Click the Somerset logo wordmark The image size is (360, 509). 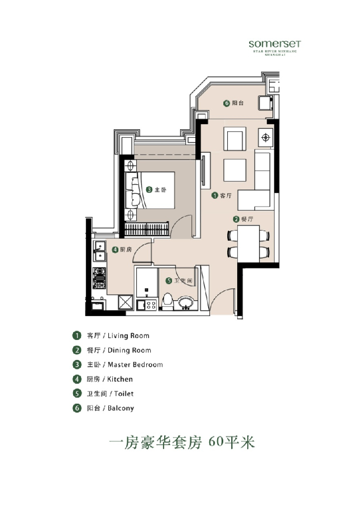pos(274,44)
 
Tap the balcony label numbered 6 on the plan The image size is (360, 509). pos(234,103)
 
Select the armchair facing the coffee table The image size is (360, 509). pos(234,139)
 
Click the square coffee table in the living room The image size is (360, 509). pos(234,170)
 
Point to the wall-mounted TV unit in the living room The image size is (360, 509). pos(204,171)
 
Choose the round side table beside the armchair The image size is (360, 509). pos(265,137)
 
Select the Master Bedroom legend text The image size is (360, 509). pos(135,365)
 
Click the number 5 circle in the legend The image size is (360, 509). pos(77,394)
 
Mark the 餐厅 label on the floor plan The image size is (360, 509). pos(247,219)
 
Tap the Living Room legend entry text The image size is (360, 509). pos(128,336)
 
